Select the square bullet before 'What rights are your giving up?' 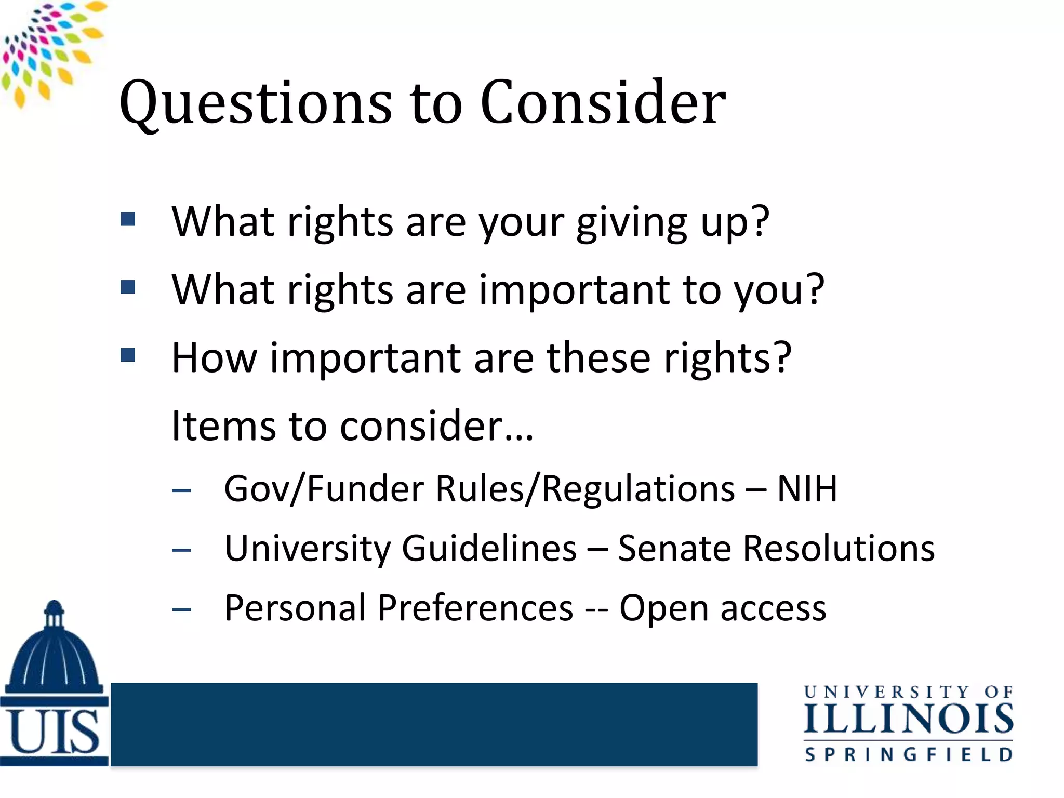128,219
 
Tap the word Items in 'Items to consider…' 223,426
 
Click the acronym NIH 806,489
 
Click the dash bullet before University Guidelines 181,550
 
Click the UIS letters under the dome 54,733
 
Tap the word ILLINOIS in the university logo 908,720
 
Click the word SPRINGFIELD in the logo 908,754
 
